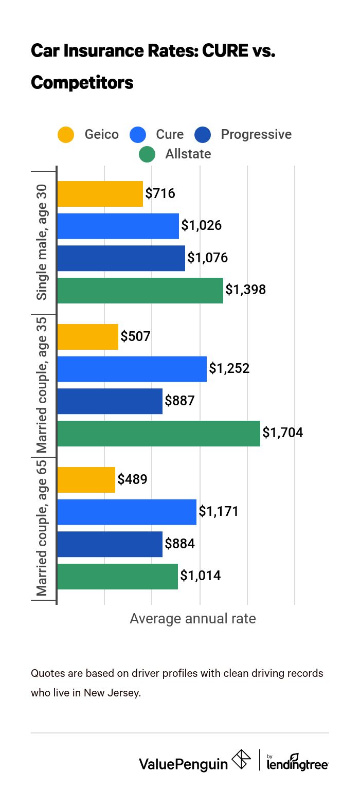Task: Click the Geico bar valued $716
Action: coord(100,194)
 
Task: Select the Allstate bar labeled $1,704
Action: coord(158,433)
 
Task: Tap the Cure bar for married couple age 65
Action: coord(127,512)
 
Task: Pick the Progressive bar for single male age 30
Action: coord(121,258)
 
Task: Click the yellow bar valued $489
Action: coord(86,480)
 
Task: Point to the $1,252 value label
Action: coord(229,369)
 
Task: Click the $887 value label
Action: coord(179,401)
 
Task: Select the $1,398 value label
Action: coord(245,290)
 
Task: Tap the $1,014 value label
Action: coord(200,576)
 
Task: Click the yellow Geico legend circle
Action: coord(66,135)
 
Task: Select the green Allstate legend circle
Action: coord(147,154)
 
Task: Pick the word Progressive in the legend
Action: coord(256,135)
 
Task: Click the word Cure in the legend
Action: coord(170,135)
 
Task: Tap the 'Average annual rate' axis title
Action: coord(192,618)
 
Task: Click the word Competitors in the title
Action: coord(82,82)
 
